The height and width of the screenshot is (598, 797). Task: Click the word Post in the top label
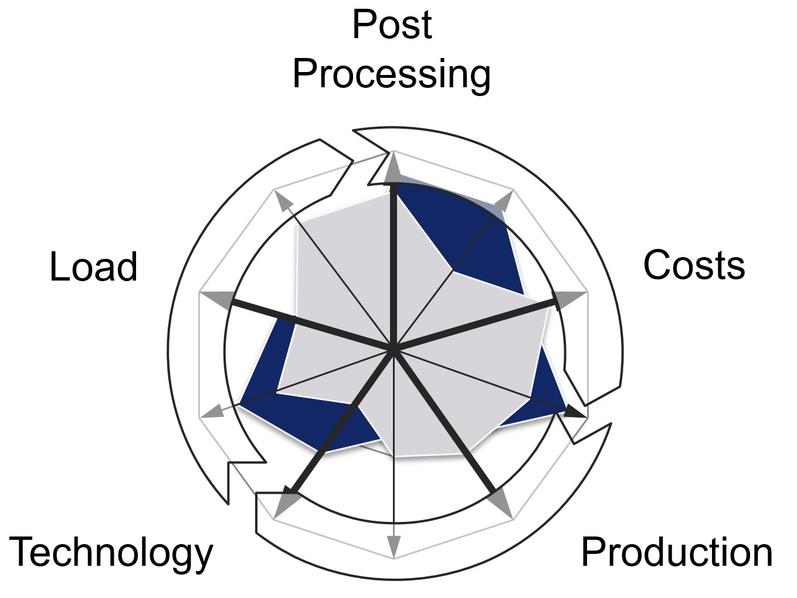coord(392,25)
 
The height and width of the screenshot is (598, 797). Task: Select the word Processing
coord(391,74)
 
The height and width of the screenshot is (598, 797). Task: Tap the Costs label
coord(694,265)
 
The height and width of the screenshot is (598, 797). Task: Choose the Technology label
coord(111,553)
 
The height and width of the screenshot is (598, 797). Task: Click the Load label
coord(93,266)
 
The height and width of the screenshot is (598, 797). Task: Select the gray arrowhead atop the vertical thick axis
coord(394,169)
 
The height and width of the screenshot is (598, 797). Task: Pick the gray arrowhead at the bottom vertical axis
coord(394,546)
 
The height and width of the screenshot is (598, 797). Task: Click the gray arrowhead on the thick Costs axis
coord(571,300)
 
